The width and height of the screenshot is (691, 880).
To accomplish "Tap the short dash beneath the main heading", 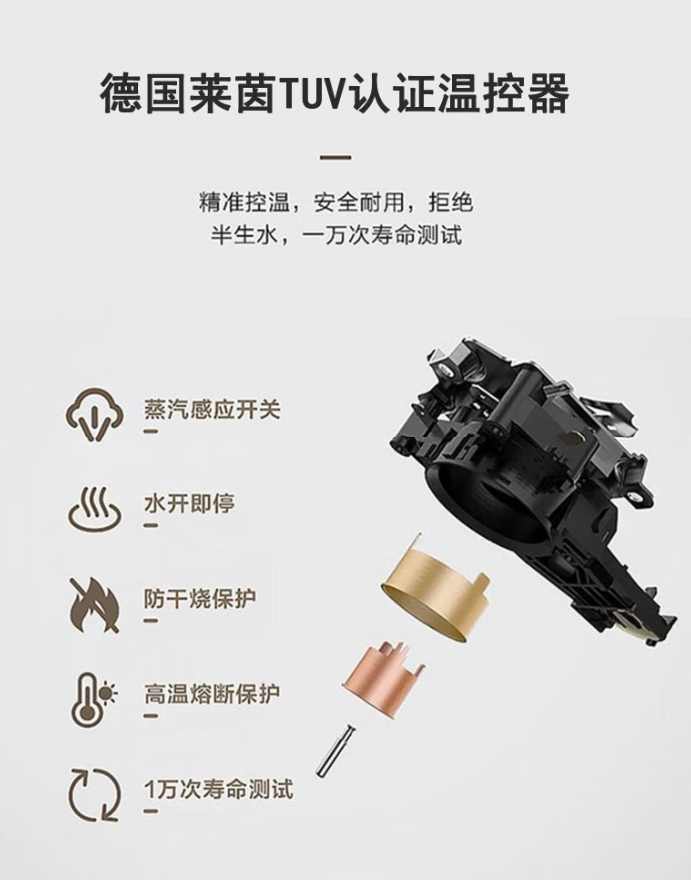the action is coord(336,157).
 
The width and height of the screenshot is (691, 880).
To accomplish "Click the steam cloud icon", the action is coord(94,415).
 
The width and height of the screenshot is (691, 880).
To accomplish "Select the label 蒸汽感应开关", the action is coord(212,409).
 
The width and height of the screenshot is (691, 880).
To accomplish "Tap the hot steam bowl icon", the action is coord(94,508).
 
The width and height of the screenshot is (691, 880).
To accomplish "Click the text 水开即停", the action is coord(189,503).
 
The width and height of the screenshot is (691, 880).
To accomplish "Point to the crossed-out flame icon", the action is coord(94,605).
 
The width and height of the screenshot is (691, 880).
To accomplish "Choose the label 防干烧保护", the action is coord(200,599).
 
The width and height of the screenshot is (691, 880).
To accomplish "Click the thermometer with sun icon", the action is coord(94,700).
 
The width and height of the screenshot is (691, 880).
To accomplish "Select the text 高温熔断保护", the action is coord(212,694).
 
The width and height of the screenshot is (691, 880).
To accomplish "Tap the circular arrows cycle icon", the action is coord(94,795).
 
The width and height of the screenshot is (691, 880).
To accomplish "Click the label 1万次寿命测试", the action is coord(219,789).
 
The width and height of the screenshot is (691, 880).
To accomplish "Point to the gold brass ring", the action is coord(433,589).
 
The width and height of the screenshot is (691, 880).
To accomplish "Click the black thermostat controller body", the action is coord(528,477).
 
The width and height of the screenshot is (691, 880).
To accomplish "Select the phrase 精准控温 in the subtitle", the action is coord(244,203).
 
